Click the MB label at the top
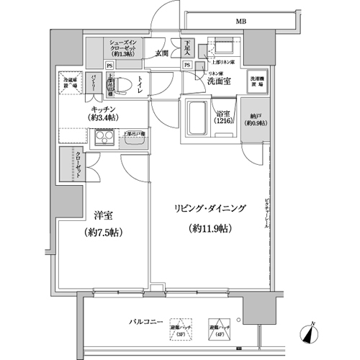238,22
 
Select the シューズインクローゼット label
123,50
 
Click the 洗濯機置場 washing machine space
257,81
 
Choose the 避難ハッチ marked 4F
217,328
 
